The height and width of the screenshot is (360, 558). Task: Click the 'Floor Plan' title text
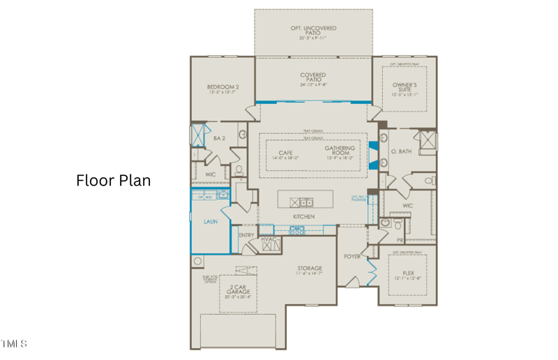(x=113, y=181)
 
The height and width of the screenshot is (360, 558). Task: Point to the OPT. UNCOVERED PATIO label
(x=313, y=31)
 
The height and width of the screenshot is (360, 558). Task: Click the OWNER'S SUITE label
(x=405, y=87)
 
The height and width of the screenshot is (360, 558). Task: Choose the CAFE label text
(x=286, y=153)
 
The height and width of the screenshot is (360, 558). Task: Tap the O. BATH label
(x=402, y=152)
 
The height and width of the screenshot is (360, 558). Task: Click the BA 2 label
(x=219, y=139)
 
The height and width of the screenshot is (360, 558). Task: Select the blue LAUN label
(x=210, y=222)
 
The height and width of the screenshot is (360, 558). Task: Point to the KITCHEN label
(x=303, y=217)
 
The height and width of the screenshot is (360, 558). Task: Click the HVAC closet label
(x=269, y=240)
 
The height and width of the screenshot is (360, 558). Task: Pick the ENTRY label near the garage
(x=247, y=236)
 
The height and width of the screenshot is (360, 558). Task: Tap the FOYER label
(x=352, y=257)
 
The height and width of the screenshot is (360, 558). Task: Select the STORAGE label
(x=310, y=269)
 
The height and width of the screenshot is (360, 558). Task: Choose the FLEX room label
(x=408, y=273)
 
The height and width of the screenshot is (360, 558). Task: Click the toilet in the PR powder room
(x=397, y=224)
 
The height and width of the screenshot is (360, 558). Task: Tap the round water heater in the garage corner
(x=197, y=262)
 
